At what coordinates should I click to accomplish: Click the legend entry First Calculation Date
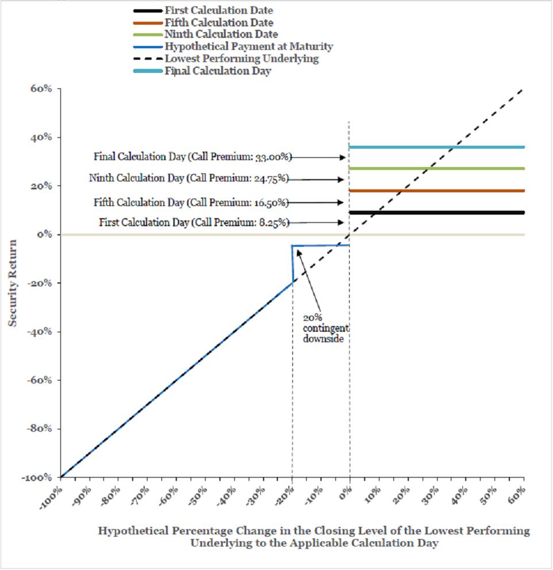[x=203, y=10]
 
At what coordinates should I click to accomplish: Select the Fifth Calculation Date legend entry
[x=203, y=22]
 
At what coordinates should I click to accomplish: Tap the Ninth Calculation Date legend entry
[x=206, y=34]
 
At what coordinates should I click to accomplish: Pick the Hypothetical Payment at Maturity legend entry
[x=233, y=46]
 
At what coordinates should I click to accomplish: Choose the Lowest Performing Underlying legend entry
[x=226, y=59]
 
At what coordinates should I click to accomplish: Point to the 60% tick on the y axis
[x=41, y=89]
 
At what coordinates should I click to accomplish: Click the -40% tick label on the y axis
[x=40, y=332]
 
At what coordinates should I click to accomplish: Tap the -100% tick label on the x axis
[x=51, y=498]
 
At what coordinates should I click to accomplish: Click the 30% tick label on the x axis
[x=430, y=495]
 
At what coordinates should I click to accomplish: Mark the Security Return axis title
[x=13, y=283]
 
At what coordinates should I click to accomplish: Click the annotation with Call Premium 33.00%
[x=193, y=157]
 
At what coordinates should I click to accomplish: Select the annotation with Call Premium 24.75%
[x=189, y=178]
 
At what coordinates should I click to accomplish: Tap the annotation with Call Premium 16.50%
[x=191, y=203]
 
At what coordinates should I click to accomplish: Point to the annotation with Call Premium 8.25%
[x=194, y=223]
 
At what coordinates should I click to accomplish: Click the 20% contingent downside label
[x=326, y=328]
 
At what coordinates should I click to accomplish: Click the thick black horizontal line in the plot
[x=436, y=212]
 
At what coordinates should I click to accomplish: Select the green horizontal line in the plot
[x=436, y=169]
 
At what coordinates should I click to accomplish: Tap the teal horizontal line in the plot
[x=436, y=147]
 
